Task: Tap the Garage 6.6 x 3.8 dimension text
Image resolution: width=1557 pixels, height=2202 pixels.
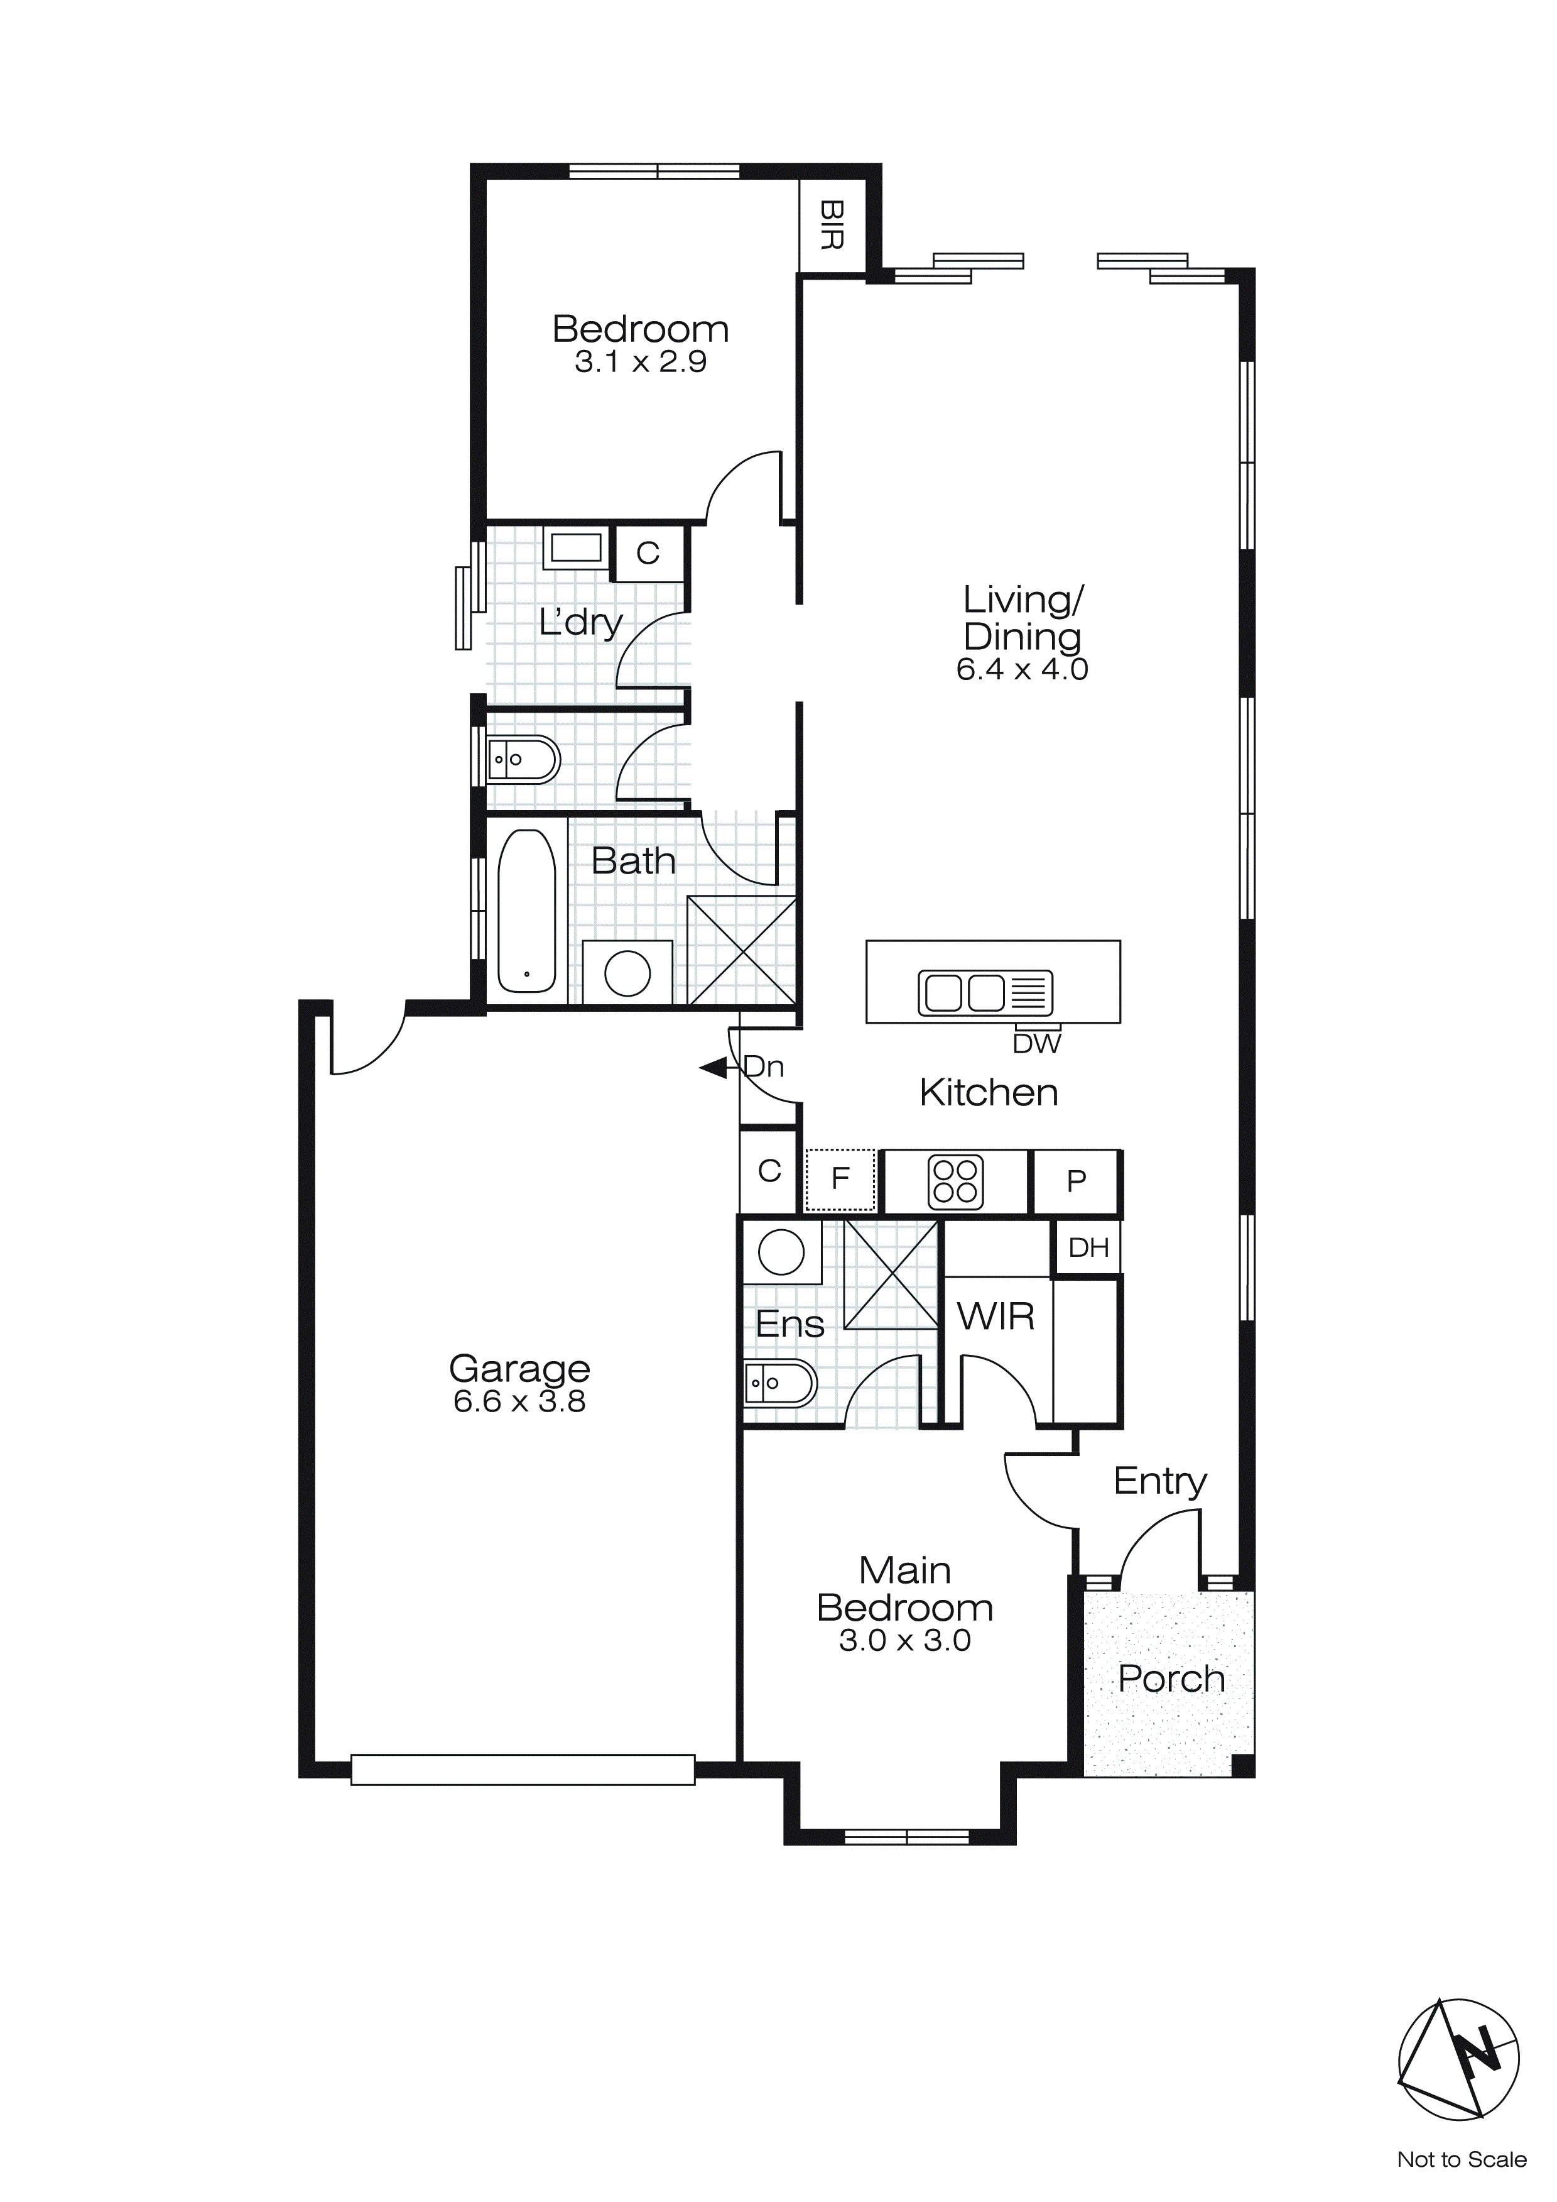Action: [519, 1401]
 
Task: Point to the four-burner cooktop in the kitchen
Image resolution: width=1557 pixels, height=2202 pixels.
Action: [954, 1181]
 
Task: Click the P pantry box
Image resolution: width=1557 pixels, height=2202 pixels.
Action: [1076, 1181]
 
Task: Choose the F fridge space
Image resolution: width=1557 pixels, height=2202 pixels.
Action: [840, 1180]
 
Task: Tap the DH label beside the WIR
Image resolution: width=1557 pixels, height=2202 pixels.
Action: [1088, 1247]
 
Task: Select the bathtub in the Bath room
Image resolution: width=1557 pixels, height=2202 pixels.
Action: [526, 911]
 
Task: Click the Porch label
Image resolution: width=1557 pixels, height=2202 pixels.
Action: [1171, 1679]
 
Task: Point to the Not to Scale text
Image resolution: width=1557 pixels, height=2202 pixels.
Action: [1461, 2159]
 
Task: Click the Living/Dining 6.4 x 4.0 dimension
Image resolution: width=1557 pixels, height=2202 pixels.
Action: [1022, 669]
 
